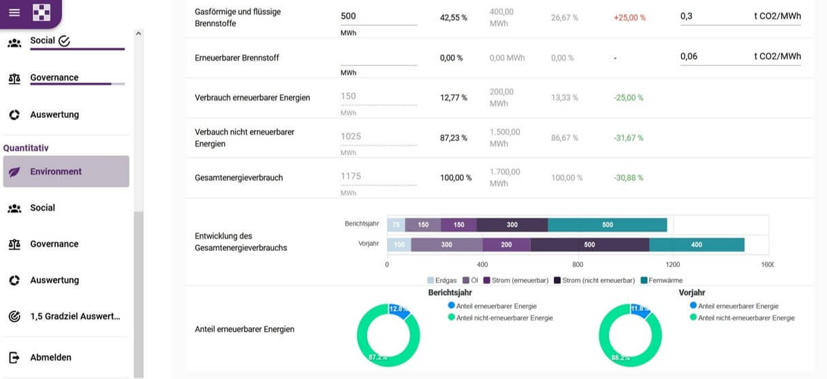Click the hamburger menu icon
pos(14,12)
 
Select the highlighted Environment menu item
pos(66,172)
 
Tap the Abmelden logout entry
pos(50,357)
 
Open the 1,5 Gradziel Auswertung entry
pos(75,316)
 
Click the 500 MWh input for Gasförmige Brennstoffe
pos(378,16)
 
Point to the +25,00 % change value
pos(629,18)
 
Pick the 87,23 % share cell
pos(454,138)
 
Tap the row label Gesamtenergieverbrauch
pos(238,178)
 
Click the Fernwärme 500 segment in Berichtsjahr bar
pos(607,225)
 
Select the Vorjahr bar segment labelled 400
pos(696,245)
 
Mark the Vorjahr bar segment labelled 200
pos(506,245)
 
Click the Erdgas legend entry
pos(443,280)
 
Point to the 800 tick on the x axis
pos(577,264)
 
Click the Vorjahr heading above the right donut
pos(691,292)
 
